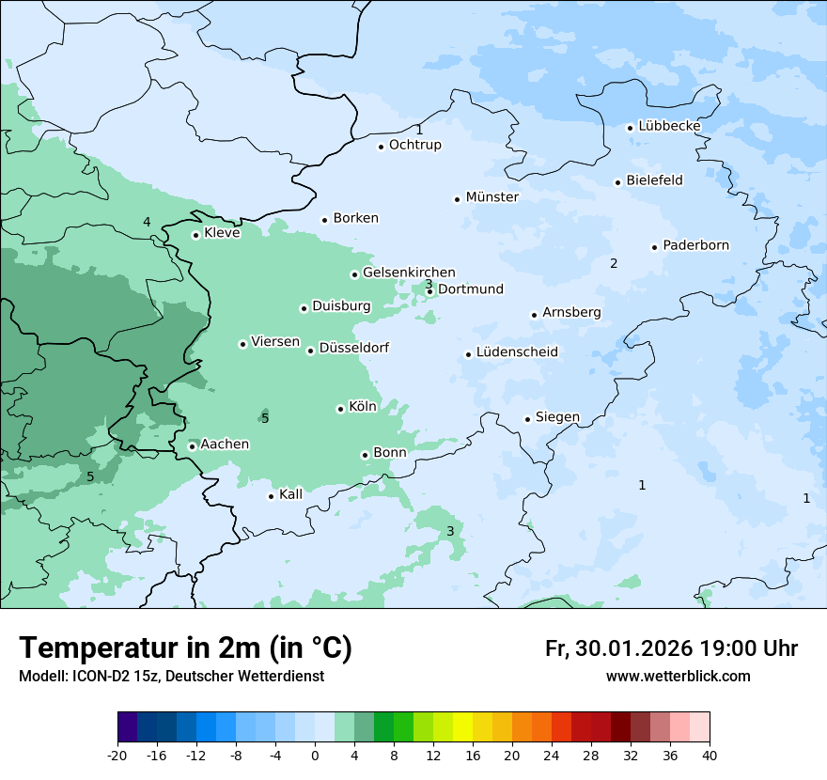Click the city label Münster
[x=492, y=197]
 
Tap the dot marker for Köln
[x=340, y=409]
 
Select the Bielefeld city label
[x=654, y=180]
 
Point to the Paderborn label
[x=695, y=245]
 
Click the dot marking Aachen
[x=192, y=446]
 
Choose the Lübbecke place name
[x=669, y=126]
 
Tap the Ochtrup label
[x=414, y=145]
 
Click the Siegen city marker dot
[x=527, y=419]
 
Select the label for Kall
[x=290, y=494]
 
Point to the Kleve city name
[x=222, y=233]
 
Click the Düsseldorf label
[x=353, y=348]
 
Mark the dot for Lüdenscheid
[x=468, y=354]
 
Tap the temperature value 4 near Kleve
[x=147, y=222]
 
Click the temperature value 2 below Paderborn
[x=614, y=263]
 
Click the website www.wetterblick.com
[x=678, y=677]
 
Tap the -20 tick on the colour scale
[x=117, y=755]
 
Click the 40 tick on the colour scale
[x=710, y=755]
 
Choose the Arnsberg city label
[x=571, y=312]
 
